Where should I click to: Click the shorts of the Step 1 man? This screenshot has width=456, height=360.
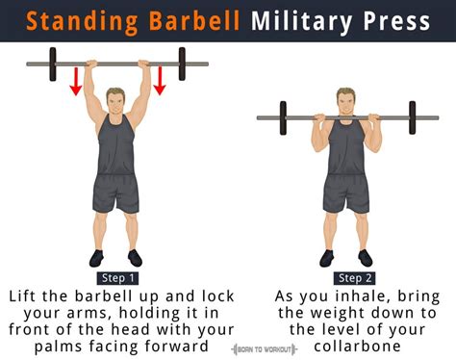[116, 193]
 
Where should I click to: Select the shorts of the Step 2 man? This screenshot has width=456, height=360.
[346, 193]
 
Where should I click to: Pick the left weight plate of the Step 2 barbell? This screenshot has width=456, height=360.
[283, 117]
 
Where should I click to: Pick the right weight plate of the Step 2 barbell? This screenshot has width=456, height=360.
[412, 117]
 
